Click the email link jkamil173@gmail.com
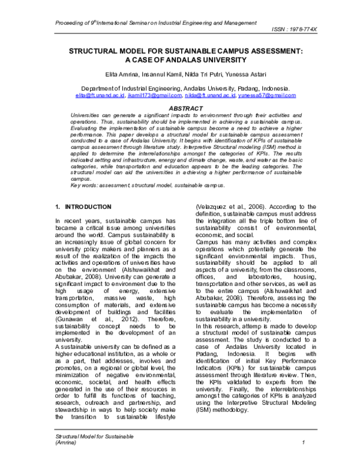click(x=155, y=95)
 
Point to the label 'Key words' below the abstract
click(x=83, y=186)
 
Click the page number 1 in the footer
click(x=305, y=459)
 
